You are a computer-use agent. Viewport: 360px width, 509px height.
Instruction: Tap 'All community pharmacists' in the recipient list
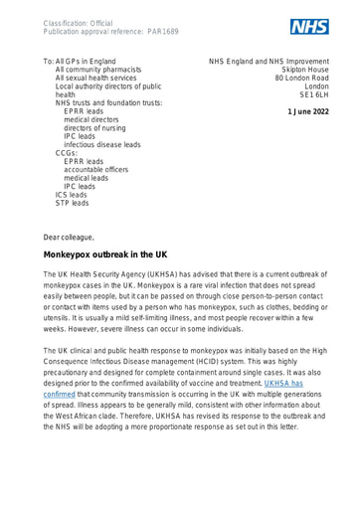point(111,73)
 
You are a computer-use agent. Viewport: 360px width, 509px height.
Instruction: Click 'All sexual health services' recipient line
point(110,85)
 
